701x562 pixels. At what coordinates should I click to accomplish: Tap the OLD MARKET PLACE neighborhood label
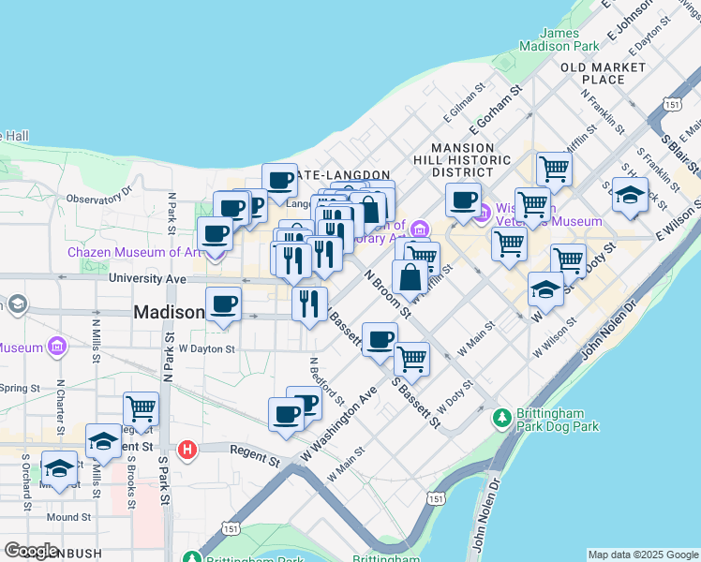tap(603, 73)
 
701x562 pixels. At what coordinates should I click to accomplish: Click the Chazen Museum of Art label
tap(122, 252)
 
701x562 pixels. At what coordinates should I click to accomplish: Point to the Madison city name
tap(169, 312)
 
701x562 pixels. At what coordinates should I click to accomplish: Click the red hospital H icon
tap(187, 451)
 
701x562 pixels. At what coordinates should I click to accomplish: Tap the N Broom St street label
tap(386, 294)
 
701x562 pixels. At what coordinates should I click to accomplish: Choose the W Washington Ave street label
tap(339, 423)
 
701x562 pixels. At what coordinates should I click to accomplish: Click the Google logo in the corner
tap(31, 551)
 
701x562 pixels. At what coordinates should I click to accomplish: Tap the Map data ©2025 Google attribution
tap(642, 555)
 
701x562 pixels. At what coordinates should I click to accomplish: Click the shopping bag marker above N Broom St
tap(410, 276)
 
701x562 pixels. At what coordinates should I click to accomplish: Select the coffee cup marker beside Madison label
tap(223, 304)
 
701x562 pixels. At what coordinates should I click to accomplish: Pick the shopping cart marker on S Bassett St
tap(410, 359)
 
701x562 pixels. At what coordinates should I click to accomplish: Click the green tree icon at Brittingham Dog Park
tap(503, 415)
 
